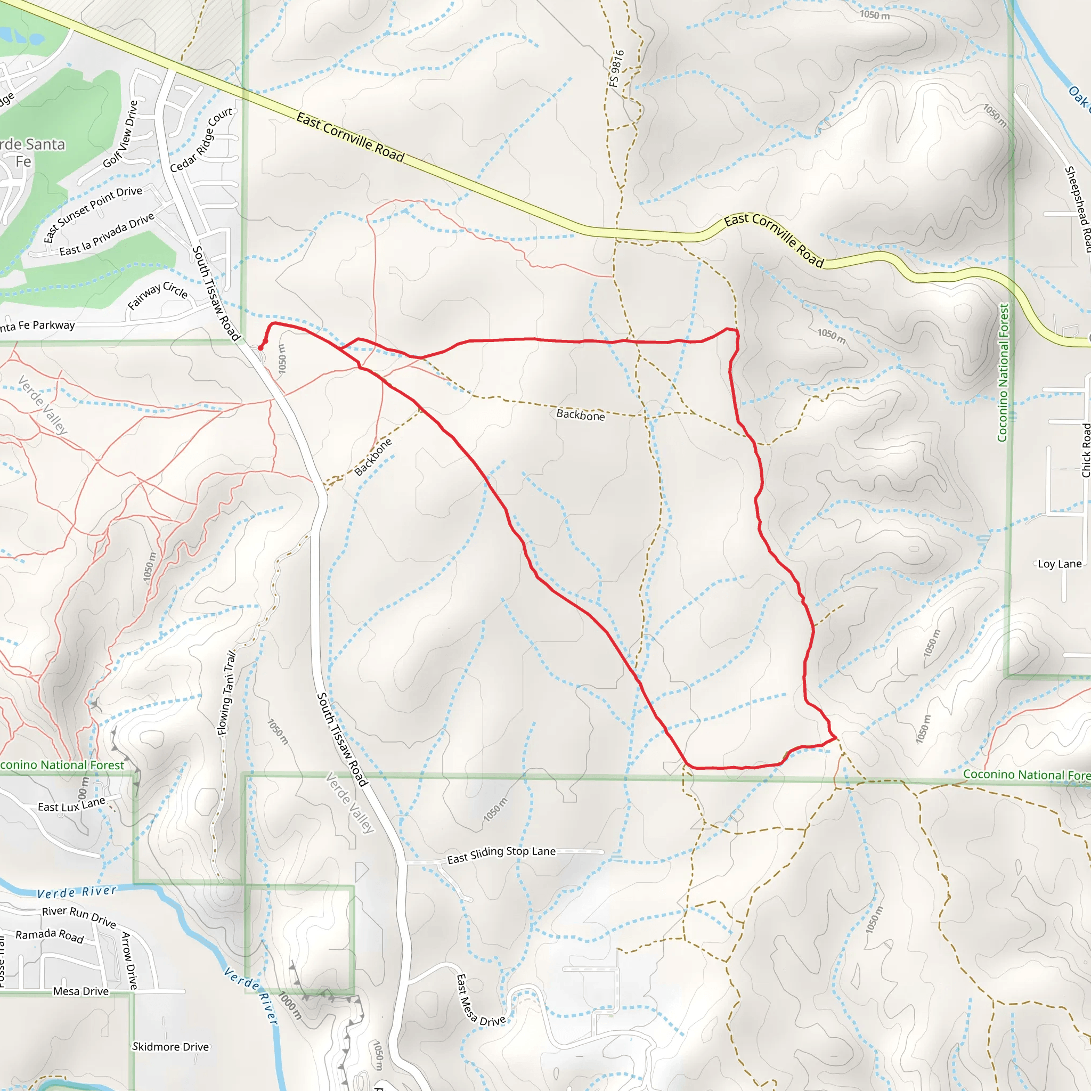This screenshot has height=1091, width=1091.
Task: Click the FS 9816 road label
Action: coord(617,68)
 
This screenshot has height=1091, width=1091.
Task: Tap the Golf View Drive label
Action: coord(120,134)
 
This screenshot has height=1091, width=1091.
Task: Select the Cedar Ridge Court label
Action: coord(201,140)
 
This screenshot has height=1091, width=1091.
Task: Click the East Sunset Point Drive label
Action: coord(93,214)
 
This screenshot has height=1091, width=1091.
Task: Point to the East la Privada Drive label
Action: coord(107,234)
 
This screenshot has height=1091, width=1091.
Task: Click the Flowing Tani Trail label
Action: coord(227,694)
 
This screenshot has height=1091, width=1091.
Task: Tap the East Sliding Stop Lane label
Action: coord(501,855)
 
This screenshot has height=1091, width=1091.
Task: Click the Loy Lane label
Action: coord(1060,564)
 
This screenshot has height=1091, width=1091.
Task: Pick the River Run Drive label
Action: coord(79,916)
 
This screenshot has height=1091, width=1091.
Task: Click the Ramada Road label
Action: coord(50,935)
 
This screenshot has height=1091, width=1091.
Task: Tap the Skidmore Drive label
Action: coord(170,1047)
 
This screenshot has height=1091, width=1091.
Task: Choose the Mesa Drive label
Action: coord(81,991)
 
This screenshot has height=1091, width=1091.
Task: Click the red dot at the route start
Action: coord(260,348)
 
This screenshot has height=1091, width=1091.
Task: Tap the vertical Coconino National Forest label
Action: coord(1003,373)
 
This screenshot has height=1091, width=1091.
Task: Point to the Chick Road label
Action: coord(1085,450)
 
